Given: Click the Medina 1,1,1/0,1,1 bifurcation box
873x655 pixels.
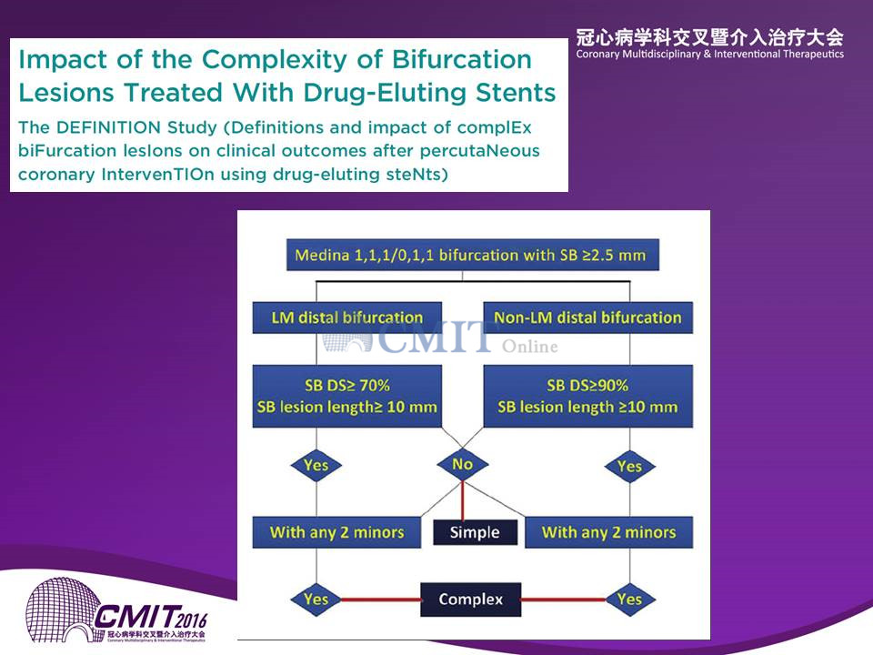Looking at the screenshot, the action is coord(473,255).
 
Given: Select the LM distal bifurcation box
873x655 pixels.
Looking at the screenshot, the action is coord(346,317).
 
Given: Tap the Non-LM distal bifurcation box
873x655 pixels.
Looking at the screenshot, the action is coord(588,317).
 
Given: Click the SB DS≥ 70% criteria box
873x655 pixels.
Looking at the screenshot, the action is coord(346,396).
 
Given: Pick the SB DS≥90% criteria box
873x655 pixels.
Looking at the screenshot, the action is coord(588,396).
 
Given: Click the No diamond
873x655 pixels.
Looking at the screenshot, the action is coord(463,464).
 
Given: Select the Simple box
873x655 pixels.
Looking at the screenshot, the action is coord(475,532).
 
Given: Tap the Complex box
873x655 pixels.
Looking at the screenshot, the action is coord(470,600).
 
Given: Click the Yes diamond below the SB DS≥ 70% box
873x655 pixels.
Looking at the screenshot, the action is coord(316,465).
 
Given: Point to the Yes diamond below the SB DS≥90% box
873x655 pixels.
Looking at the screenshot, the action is coord(629,466).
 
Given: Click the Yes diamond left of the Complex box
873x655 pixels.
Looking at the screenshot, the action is coord(316,600).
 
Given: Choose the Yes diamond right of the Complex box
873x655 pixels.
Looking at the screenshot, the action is coord(629,600).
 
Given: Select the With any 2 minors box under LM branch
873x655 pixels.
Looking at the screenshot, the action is coord(336,532).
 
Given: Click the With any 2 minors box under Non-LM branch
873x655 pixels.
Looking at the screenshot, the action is coord(609,532).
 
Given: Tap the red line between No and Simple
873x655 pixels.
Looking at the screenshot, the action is coord(463,500).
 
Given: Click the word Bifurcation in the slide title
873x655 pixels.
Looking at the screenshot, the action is coord(462,60).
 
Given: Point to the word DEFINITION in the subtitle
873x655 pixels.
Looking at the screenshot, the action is coord(108,127).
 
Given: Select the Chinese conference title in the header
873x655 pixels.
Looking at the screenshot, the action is coord(710,37).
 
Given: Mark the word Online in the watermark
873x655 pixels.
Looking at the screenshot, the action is coord(529,347).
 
